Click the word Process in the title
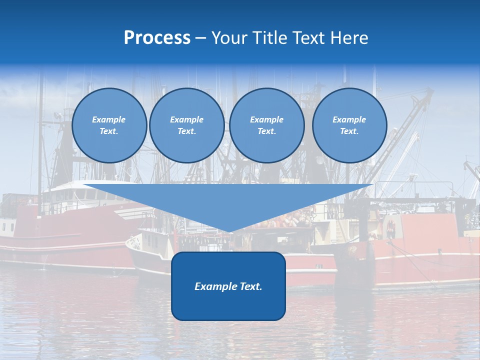pos(157,38)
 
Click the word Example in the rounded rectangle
pos(214,286)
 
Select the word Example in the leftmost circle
pos(109,119)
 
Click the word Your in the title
pos(228,38)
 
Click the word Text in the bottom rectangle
pos(249,286)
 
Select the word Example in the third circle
pos(266,119)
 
